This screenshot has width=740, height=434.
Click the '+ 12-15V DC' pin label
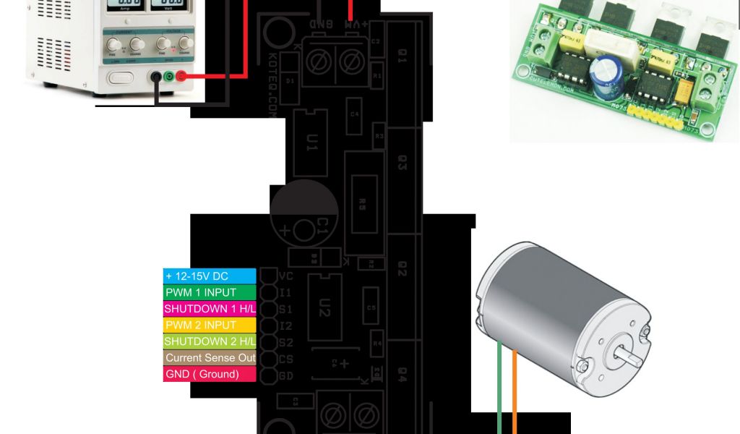[x=210, y=276]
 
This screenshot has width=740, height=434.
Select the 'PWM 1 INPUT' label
[x=210, y=293]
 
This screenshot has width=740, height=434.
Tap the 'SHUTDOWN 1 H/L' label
[x=210, y=309]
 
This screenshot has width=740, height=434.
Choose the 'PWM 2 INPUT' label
[x=210, y=325]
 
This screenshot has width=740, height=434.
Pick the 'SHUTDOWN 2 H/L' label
[x=210, y=341]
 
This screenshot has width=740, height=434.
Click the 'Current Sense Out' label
[x=210, y=358]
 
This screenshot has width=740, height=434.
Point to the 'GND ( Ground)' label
[x=210, y=374]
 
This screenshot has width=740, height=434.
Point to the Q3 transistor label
[x=403, y=165]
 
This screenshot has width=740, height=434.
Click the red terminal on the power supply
[x=181, y=77]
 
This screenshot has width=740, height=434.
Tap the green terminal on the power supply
[x=168, y=77]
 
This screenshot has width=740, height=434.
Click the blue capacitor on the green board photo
[x=603, y=74]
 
